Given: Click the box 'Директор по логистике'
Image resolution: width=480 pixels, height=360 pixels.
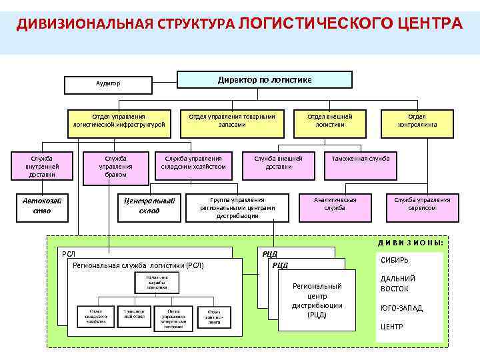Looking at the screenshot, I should click(265, 80).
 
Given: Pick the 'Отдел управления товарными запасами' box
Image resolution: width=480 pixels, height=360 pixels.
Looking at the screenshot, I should click(231, 120).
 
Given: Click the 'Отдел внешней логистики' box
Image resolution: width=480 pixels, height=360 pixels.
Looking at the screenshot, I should click(329, 120).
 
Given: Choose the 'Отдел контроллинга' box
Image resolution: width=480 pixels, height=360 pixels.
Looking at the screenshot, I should click(417, 120).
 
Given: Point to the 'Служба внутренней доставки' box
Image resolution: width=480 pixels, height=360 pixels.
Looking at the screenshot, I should click(41, 166).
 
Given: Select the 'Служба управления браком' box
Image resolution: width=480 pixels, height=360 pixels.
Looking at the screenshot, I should click(115, 166).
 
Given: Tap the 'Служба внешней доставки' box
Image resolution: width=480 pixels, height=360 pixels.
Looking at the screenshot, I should click(278, 163).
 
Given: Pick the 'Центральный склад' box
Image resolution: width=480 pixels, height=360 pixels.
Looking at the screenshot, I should click(149, 206).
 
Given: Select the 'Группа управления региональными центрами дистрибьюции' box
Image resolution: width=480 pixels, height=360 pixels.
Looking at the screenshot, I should click(237, 207).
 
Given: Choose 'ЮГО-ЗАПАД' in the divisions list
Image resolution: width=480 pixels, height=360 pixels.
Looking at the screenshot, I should click(401, 308).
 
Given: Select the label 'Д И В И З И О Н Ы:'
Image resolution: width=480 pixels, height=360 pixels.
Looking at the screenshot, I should click(411, 242).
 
